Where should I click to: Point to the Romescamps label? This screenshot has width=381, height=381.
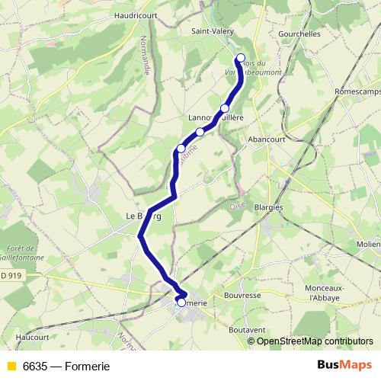[357, 91]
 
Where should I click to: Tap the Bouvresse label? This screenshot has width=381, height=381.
[243, 294]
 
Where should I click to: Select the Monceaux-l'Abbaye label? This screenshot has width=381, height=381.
[326, 293]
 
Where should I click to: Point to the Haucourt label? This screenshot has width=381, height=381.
[32, 336]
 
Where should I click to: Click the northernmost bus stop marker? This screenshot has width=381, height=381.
[241, 59]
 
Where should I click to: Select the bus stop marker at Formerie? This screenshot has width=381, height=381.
[181, 303]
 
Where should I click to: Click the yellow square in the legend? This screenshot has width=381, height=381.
[11, 367]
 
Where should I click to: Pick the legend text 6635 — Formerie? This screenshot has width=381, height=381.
[66, 367]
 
